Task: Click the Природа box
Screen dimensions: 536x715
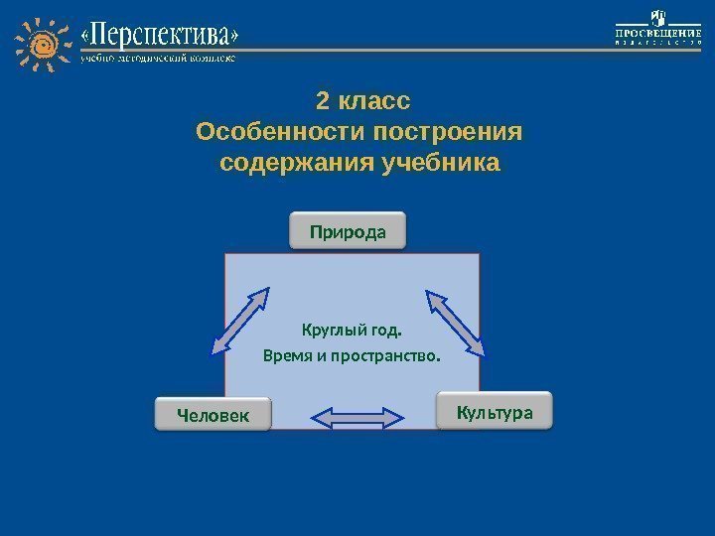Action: [x=348, y=232]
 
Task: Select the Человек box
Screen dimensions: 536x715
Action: [x=213, y=414]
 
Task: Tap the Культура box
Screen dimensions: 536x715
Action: [x=494, y=411]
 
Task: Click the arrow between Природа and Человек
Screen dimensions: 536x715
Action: [x=241, y=321]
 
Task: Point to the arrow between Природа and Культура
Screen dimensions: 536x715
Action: [x=456, y=323]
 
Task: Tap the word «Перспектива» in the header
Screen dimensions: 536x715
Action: [x=160, y=38]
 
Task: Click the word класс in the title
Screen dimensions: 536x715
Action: [x=374, y=102]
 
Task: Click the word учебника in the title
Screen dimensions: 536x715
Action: [x=441, y=162]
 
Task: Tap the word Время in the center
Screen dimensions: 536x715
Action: [x=287, y=354]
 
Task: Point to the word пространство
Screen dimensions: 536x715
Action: [x=386, y=354]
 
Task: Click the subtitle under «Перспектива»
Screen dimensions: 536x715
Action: [x=159, y=59]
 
